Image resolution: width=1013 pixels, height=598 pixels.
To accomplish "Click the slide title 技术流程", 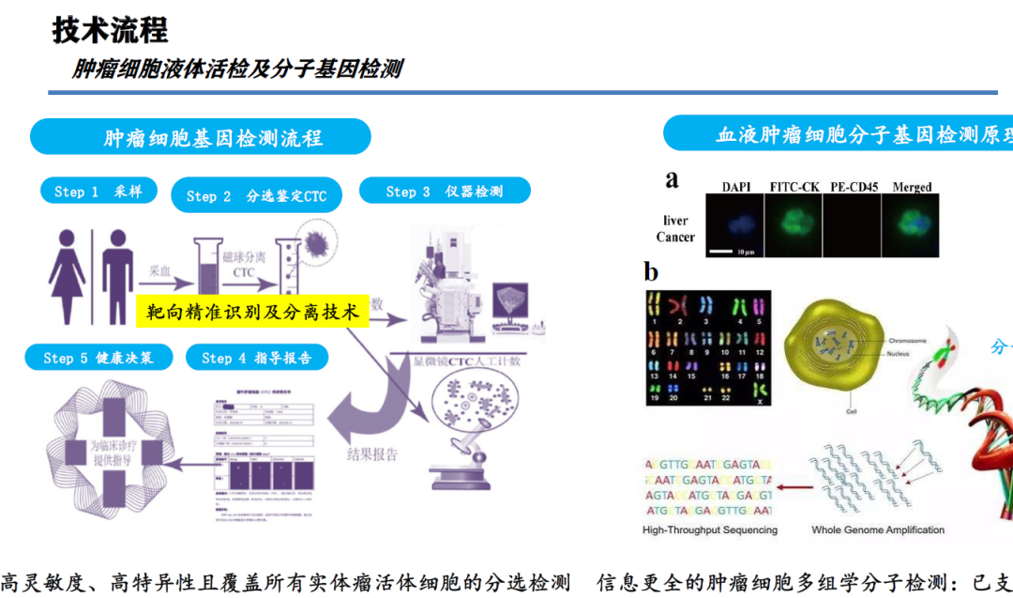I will tap(110, 30).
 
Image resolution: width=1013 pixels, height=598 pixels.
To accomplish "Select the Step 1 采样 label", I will tap(98, 191).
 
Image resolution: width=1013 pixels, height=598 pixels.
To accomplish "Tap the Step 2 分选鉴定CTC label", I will tap(255, 195).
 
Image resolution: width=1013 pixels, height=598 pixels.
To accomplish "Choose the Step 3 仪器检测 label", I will tap(444, 191).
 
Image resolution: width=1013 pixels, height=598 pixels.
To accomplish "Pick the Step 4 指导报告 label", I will tap(256, 358).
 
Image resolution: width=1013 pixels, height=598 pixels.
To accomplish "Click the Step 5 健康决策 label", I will tap(97, 358).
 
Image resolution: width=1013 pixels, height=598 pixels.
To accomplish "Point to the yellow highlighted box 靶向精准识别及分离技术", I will tap(252, 311).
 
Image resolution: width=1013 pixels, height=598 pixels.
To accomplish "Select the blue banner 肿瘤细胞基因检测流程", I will tap(200, 137).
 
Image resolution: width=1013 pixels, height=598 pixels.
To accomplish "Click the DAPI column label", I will tap(736, 187).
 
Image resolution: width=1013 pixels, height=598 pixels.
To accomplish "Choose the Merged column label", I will tap(912, 187).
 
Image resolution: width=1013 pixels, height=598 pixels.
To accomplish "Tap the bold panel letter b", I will tap(652, 272).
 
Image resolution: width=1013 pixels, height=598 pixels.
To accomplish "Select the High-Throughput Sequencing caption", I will tap(710, 529).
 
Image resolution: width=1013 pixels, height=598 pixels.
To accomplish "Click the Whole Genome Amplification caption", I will tap(878, 529).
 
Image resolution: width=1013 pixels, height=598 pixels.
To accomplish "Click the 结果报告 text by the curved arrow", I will tap(372, 454).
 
